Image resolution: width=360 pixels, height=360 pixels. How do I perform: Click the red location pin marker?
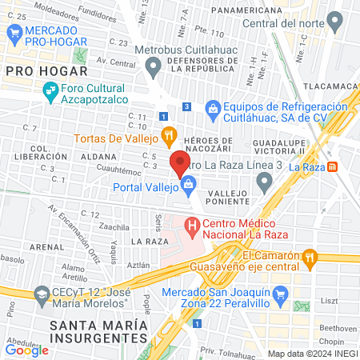tap(179, 163)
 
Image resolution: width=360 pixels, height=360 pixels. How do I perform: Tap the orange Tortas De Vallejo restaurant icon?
tap(168, 134)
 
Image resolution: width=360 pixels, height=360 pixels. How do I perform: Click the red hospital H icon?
tap(192, 226)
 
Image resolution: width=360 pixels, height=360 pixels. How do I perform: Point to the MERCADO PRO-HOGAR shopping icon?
tap(13, 33)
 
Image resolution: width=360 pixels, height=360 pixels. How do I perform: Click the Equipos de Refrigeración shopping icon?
tap(213, 107)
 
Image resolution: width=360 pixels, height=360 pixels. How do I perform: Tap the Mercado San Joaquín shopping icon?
tap(280, 296)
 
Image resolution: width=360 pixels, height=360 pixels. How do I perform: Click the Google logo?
tap(26, 349)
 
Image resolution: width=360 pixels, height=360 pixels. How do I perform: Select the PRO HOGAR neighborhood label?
tap(34, 71)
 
